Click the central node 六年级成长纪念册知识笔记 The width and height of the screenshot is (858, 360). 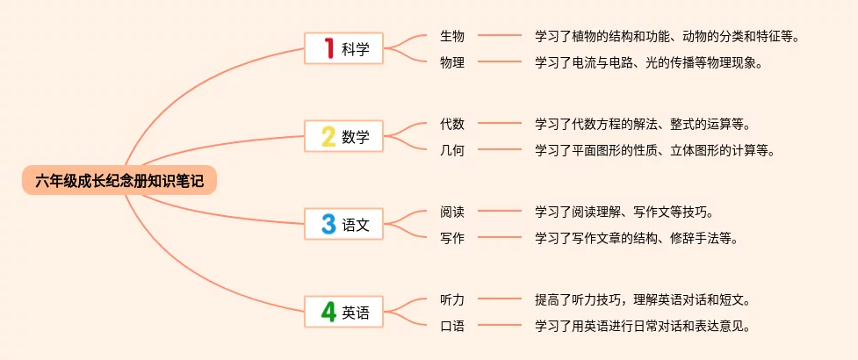pyautogui.click(x=119, y=181)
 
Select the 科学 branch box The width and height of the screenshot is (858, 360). pyautogui.click(x=344, y=48)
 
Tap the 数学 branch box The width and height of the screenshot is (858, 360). pyautogui.click(x=344, y=136)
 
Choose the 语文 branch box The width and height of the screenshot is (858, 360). pyautogui.click(x=344, y=224)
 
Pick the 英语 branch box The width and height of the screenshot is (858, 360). pyautogui.click(x=344, y=312)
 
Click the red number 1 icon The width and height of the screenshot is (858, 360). pyautogui.click(x=328, y=48)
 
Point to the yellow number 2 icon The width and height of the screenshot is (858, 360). pyautogui.click(x=328, y=136)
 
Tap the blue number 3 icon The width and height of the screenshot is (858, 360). pyautogui.click(x=328, y=224)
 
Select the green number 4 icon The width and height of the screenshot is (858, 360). pyautogui.click(x=328, y=312)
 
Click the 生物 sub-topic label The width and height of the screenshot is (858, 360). pyautogui.click(x=452, y=36)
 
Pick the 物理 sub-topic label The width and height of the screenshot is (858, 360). pyautogui.click(x=452, y=61)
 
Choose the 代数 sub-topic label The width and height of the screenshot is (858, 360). pyautogui.click(x=452, y=124)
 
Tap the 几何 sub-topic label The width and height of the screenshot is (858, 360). pyautogui.click(x=452, y=149)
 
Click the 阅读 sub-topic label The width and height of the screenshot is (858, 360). pyautogui.click(x=452, y=212)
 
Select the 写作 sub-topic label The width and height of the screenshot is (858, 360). pyautogui.click(x=452, y=237)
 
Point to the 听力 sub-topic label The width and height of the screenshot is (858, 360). pyautogui.click(x=452, y=299)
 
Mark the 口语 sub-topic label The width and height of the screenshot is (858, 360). pyautogui.click(x=452, y=325)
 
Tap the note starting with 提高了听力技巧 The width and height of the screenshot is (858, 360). pyautogui.click(x=641, y=299)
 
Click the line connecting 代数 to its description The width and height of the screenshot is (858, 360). pyautogui.click(x=499, y=124)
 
